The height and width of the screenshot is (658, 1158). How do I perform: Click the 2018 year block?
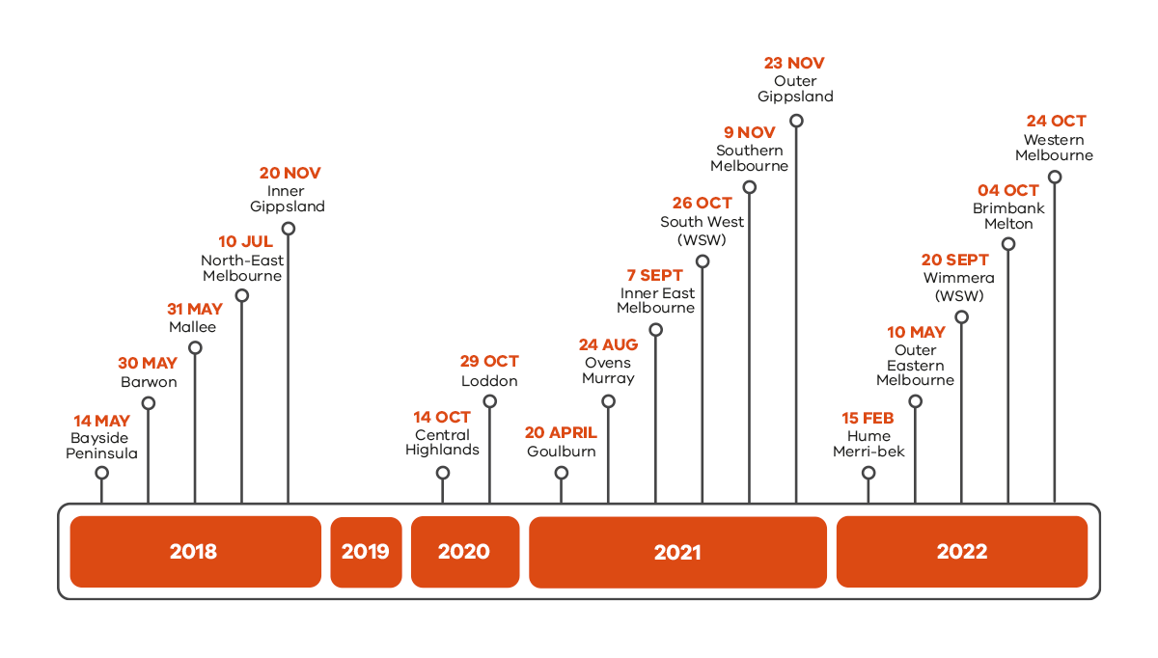pyautogui.click(x=195, y=552)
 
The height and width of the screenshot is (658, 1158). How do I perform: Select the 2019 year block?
pyautogui.click(x=366, y=552)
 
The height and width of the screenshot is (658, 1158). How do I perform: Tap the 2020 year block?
pyautogui.click(x=464, y=552)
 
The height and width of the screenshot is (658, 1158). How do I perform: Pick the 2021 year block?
pyautogui.click(x=677, y=552)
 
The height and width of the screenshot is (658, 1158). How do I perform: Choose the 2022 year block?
pyautogui.click(x=961, y=552)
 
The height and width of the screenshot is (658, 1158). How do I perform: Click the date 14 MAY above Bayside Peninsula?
pyautogui.click(x=101, y=421)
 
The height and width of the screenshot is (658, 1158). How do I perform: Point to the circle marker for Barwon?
pyautogui.click(x=149, y=403)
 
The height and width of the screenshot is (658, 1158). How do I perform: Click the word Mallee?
pyautogui.click(x=193, y=327)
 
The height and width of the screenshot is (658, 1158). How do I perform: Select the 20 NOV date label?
pyautogui.click(x=289, y=174)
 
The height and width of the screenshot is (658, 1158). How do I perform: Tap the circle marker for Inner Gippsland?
pyautogui.click(x=288, y=229)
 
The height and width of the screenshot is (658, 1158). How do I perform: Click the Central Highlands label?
pyautogui.click(x=442, y=442)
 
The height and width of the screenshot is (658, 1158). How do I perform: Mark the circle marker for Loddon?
pyautogui.click(x=489, y=400)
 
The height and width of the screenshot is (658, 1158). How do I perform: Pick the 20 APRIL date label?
pyautogui.click(x=561, y=432)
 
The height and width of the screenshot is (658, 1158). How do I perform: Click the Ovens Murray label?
pyautogui.click(x=608, y=370)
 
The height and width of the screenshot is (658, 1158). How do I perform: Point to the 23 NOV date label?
pyautogui.click(x=794, y=64)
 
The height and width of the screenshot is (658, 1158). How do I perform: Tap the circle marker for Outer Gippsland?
pyautogui.click(x=796, y=121)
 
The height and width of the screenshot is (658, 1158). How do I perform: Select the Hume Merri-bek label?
pyautogui.click(x=868, y=444)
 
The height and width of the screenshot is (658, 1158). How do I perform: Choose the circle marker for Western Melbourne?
pyautogui.click(x=1055, y=177)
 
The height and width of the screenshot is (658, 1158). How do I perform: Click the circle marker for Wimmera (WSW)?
pyautogui.click(x=961, y=316)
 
